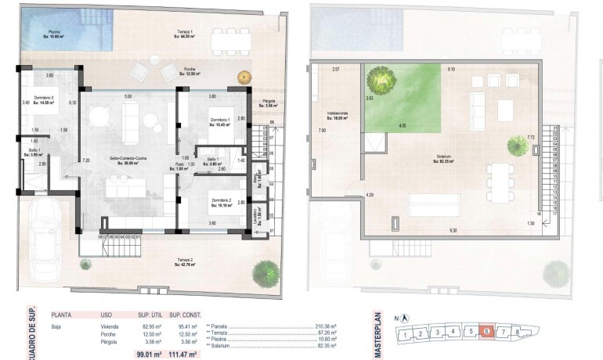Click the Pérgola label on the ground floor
click(268, 103)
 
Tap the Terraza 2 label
click(185, 261)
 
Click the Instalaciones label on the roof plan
click(338, 115)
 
